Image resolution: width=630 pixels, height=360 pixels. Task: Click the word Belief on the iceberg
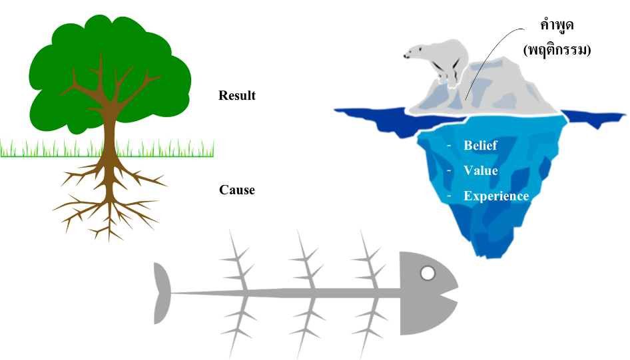480,146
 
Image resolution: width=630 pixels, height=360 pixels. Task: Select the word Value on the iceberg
481,170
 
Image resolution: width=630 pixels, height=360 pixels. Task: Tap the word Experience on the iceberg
496,196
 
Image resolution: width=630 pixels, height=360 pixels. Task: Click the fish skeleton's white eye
428,273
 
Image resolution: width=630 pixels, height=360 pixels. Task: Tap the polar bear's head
417,53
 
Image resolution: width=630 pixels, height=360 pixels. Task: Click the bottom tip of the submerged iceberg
484,254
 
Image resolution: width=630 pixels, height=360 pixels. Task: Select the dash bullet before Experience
449,196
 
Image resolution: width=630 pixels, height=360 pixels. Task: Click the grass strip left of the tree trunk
47,148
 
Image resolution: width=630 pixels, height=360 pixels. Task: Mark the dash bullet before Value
449,170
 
